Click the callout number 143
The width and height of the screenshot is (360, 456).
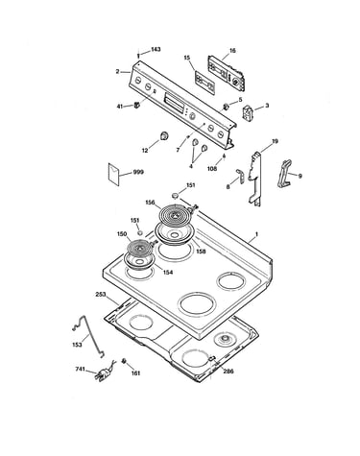pyautogui.click(x=156, y=49)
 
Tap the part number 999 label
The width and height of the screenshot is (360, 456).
pyautogui.click(x=138, y=172)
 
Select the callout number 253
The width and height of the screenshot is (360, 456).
pyautogui.click(x=101, y=295)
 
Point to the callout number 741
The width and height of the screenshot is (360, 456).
pyautogui.click(x=80, y=369)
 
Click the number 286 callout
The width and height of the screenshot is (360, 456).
pyautogui.click(x=228, y=372)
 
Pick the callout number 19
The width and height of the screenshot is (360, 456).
pyautogui.click(x=275, y=141)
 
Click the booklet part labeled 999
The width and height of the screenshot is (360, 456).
pyautogui.click(x=113, y=174)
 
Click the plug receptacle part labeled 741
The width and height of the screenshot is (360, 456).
pyautogui.click(x=105, y=372)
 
